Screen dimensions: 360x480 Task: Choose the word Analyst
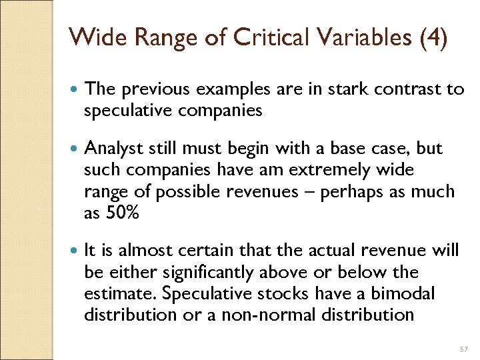coord(112,149)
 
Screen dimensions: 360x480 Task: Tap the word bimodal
coord(405,293)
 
